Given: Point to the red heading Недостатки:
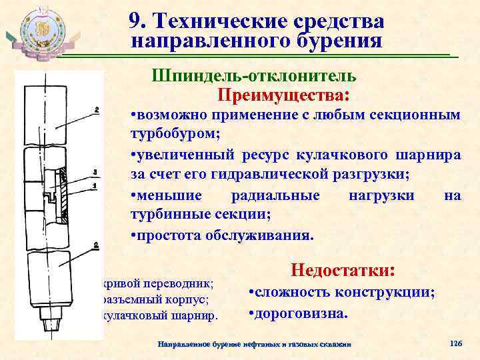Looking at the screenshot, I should (343, 270).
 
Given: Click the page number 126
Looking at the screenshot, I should (456, 343).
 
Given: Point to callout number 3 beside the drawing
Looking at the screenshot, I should (96, 171).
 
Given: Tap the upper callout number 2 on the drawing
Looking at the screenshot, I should (97, 109).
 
